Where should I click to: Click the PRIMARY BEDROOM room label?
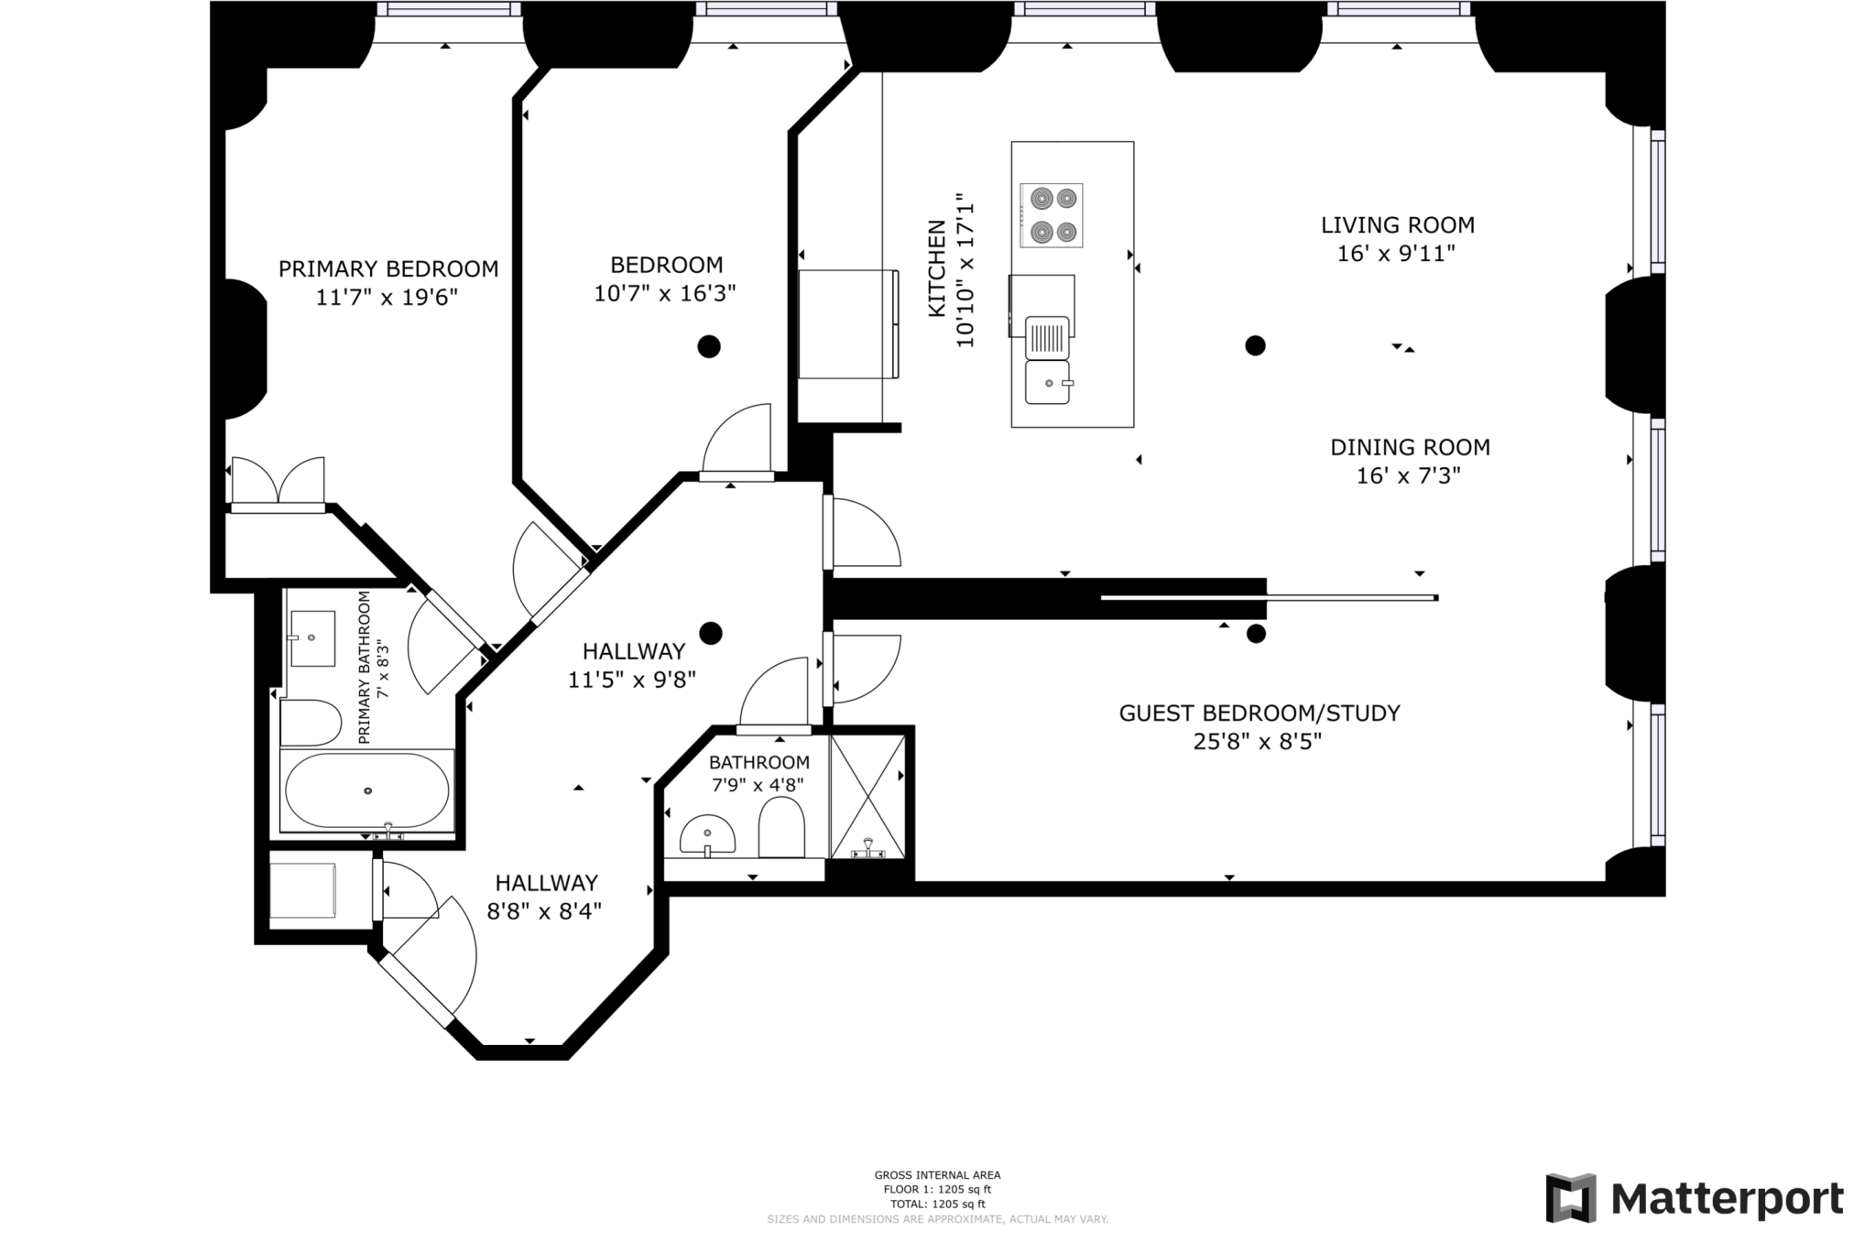(x=388, y=268)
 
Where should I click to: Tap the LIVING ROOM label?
(x=1398, y=224)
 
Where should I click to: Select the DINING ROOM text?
(x=1410, y=447)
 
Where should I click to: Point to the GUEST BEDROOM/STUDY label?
(x=1260, y=713)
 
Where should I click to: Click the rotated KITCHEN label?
(x=936, y=268)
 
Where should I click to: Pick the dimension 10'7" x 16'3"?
(x=665, y=293)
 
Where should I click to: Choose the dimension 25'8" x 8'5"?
(x=1258, y=741)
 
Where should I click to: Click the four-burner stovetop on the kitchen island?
(x=1052, y=215)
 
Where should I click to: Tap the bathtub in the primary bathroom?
(x=367, y=790)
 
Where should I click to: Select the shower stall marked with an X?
(x=867, y=796)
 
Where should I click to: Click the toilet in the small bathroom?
(x=781, y=826)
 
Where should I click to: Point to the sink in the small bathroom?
(x=707, y=834)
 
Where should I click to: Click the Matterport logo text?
(x=1728, y=1198)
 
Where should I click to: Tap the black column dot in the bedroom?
(x=709, y=346)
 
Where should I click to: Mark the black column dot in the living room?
(x=1255, y=345)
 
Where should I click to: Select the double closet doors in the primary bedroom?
(x=278, y=482)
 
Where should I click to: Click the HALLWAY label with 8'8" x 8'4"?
(x=547, y=883)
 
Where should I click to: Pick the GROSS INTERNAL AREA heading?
(x=937, y=1175)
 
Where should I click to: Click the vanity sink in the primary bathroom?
(x=311, y=638)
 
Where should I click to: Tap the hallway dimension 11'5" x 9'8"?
(x=632, y=680)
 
